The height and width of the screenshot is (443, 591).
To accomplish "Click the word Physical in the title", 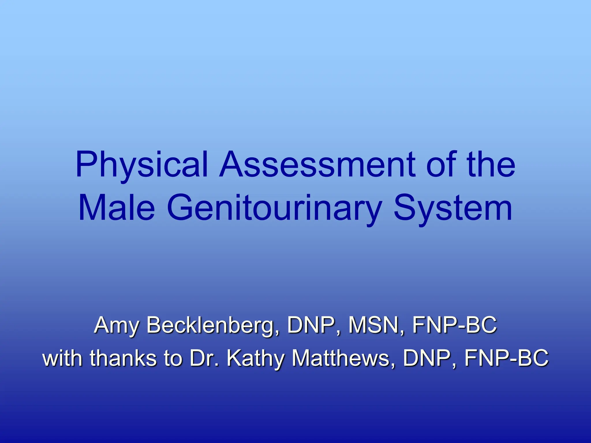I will tap(142, 165).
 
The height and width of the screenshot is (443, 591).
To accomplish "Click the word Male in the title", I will tap(117, 208).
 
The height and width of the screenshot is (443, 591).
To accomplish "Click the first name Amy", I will tap(117, 325).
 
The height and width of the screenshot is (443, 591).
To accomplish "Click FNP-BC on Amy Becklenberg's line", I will tap(455, 325).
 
